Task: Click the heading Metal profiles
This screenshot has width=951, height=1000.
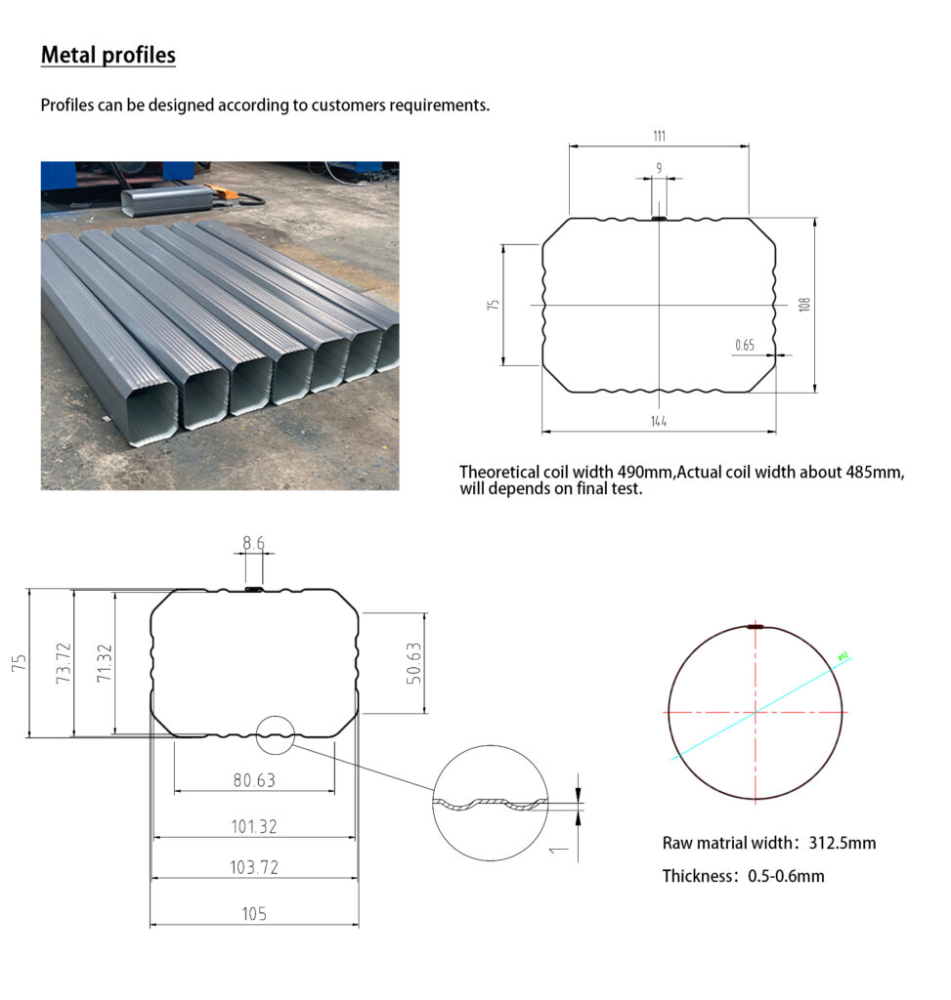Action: pyautogui.click(x=108, y=55)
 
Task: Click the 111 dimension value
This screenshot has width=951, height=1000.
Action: pyautogui.click(x=659, y=136)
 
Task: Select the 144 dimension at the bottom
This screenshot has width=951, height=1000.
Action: pyautogui.click(x=659, y=421)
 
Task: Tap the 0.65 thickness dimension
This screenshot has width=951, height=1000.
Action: pyautogui.click(x=745, y=345)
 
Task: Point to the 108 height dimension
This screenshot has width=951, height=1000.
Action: pyautogui.click(x=804, y=304)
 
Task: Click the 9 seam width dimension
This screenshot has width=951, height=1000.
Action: pyautogui.click(x=659, y=168)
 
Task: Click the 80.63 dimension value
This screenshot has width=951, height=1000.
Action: pyautogui.click(x=253, y=780)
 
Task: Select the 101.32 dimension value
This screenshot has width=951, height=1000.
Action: pyautogui.click(x=253, y=826)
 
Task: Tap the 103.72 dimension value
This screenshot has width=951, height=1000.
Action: pyautogui.click(x=253, y=867)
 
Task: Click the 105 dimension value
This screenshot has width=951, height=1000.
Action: pyautogui.click(x=253, y=914)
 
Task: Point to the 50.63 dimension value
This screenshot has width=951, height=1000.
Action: pyautogui.click(x=413, y=663)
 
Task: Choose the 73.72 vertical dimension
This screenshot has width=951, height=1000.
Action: pyautogui.click(x=64, y=663)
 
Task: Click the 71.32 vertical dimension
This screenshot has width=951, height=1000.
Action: pyautogui.click(x=105, y=663)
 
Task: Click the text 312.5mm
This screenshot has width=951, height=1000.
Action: pyautogui.click(x=842, y=843)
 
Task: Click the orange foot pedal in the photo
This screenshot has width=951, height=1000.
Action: pyautogui.click(x=227, y=192)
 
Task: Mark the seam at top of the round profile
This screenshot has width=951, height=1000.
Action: pyautogui.click(x=756, y=627)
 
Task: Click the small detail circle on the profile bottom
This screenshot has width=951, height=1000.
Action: pyautogui.click(x=275, y=734)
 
